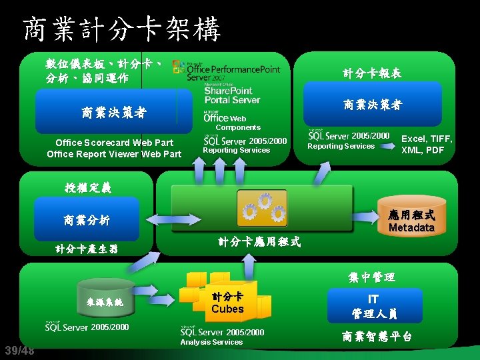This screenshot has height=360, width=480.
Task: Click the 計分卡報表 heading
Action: click(372, 73)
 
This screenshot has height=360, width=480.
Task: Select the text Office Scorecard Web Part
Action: click(114, 143)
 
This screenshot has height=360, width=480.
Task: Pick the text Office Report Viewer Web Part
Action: click(114, 154)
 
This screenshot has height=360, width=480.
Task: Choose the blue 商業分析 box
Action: click(87, 221)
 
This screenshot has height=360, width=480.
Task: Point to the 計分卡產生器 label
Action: click(87, 249)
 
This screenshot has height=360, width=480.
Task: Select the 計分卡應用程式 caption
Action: click(259, 242)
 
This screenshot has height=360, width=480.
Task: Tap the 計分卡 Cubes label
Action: click(227, 303)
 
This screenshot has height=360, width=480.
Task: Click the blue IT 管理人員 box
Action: click(374, 306)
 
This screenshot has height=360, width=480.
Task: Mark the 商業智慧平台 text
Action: click(377, 337)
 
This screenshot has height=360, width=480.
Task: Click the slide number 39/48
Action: click(19, 351)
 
